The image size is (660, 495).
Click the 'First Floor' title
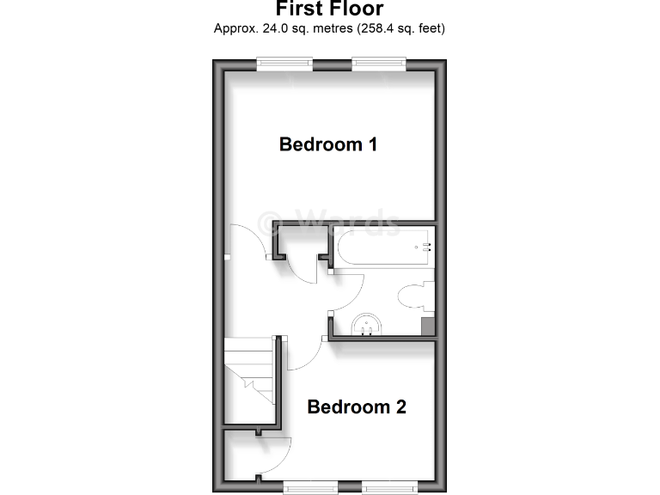(329, 9)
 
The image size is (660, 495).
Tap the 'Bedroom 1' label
(328, 144)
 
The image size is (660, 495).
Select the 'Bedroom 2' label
(357, 406)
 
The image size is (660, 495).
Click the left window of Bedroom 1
(284, 61)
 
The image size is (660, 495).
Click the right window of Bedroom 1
(378, 61)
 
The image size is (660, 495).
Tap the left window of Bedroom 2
(311, 487)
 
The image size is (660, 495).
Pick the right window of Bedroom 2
(389, 487)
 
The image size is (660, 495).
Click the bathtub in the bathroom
(382, 248)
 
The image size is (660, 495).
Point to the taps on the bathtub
(424, 247)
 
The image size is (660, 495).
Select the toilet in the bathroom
(416, 295)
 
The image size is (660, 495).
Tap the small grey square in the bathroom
(427, 327)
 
